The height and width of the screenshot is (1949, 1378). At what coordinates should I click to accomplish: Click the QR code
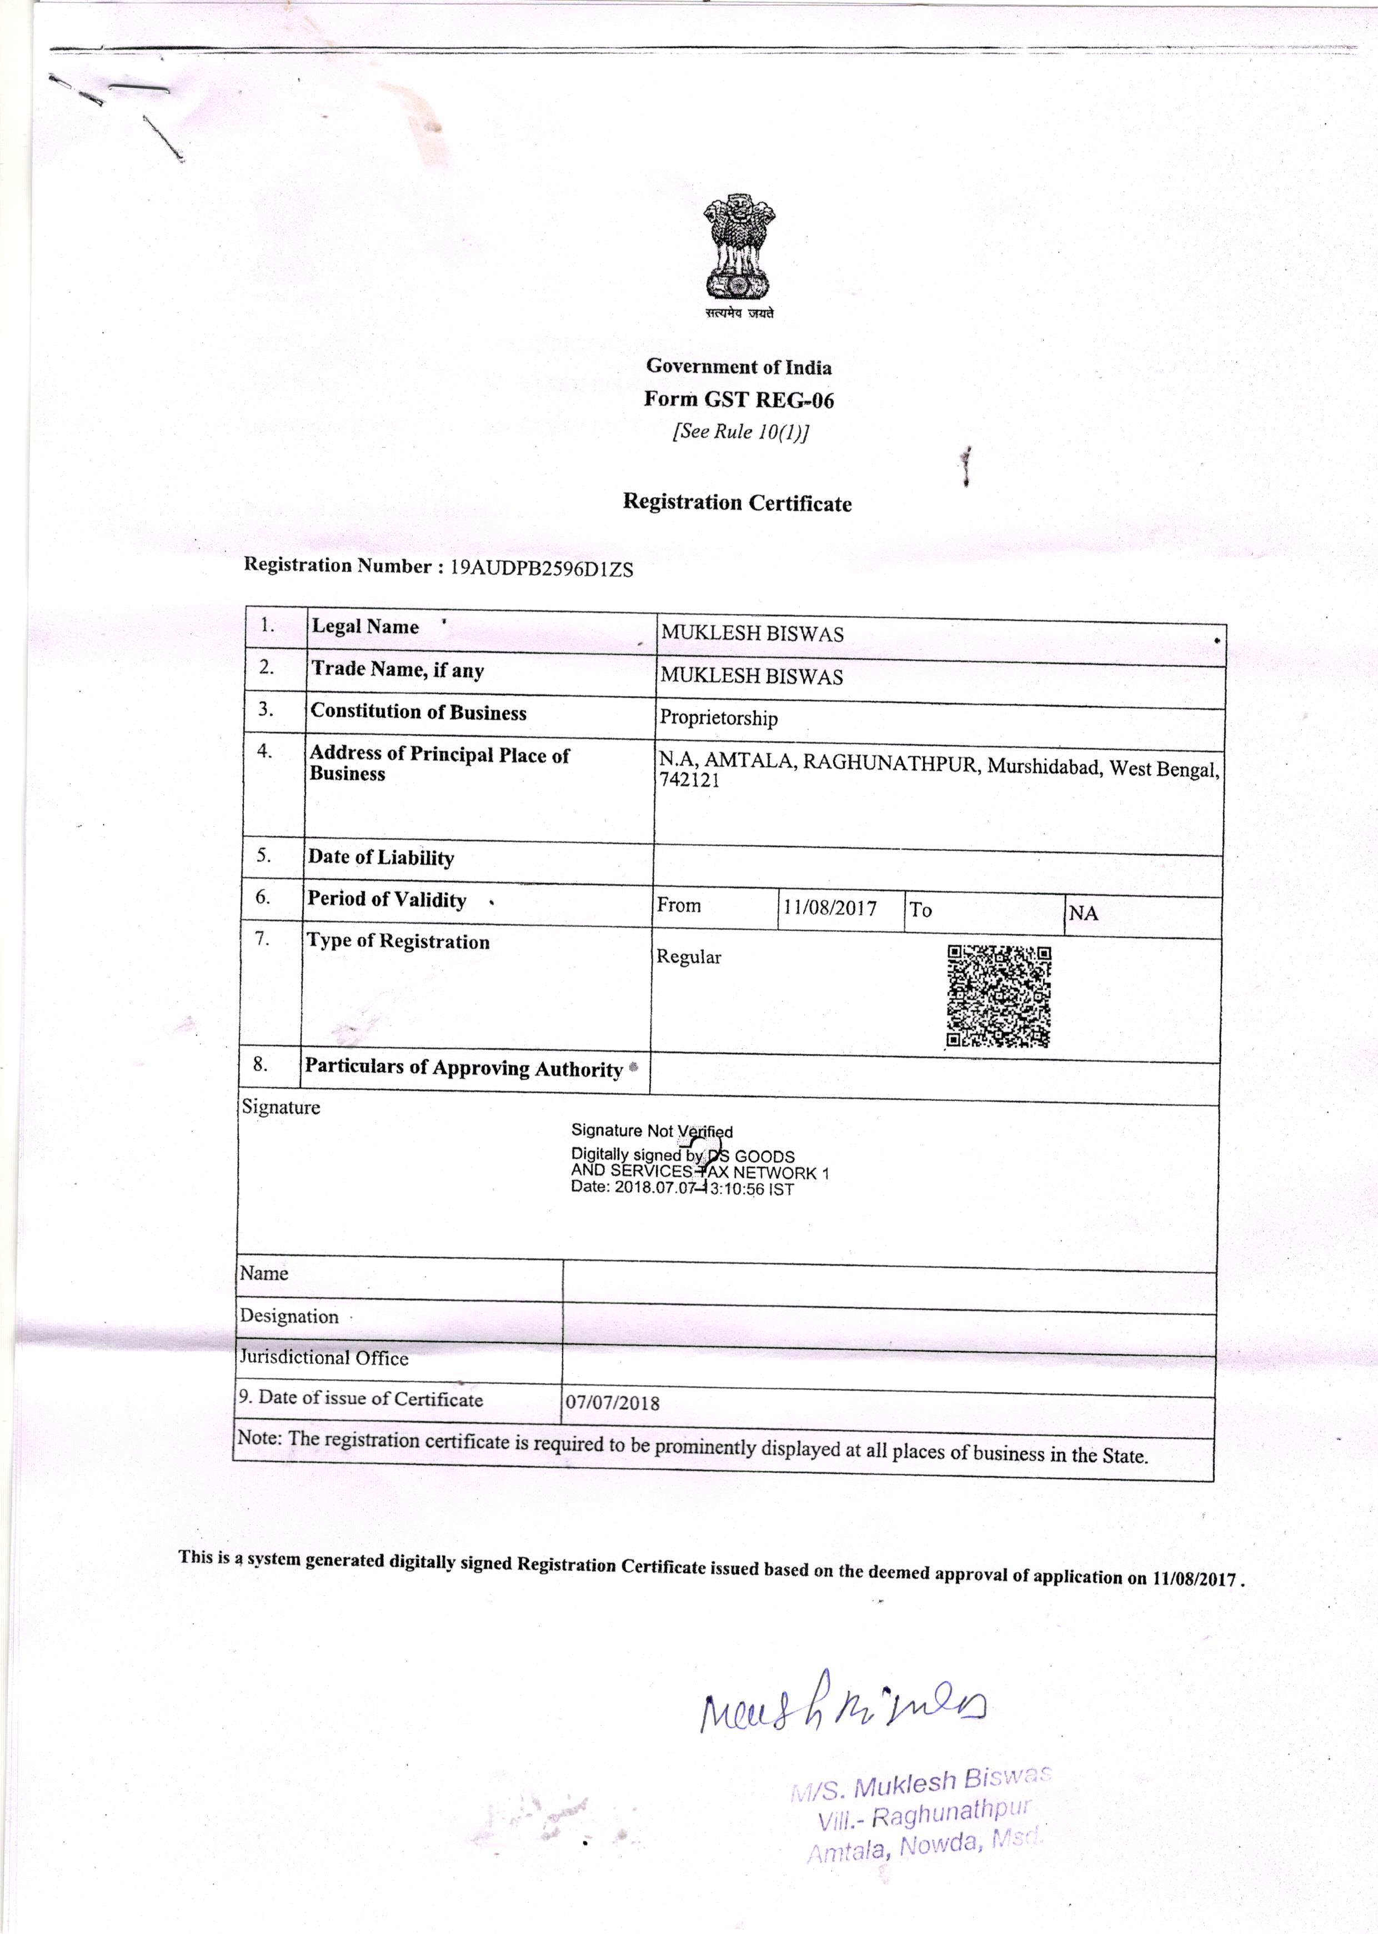[x=999, y=996]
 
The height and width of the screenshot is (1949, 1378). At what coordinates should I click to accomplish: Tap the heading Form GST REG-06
[x=738, y=399]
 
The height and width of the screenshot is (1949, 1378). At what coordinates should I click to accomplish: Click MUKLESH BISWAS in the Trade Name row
[x=752, y=676]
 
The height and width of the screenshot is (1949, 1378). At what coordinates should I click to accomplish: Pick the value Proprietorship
[x=719, y=718]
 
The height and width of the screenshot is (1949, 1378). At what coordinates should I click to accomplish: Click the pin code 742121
[x=689, y=781]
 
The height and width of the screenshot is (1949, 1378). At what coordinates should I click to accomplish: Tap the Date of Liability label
[x=381, y=858]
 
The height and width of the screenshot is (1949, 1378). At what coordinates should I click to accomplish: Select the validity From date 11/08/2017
[x=829, y=908]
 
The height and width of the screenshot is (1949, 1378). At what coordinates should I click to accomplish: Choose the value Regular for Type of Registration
[x=688, y=956]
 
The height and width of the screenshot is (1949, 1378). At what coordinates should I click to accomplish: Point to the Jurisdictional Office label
[x=323, y=1358]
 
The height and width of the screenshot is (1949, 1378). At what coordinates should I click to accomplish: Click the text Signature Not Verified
[x=652, y=1131]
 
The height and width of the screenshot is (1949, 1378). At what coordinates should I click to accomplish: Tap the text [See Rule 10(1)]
[x=740, y=431]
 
